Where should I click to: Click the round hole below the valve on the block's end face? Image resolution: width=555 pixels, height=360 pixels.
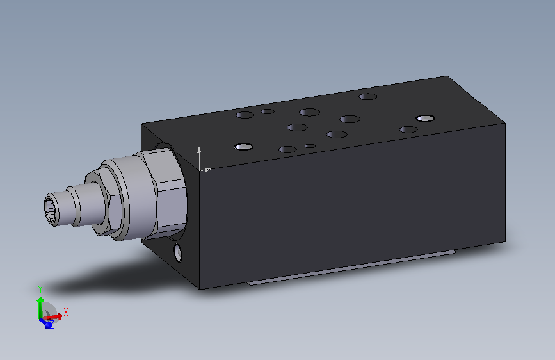click(177, 253)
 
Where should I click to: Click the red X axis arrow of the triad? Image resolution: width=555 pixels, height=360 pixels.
click(56, 315)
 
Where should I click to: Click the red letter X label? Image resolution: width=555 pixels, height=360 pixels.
click(65, 312)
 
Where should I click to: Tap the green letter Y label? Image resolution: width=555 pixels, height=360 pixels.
click(40, 288)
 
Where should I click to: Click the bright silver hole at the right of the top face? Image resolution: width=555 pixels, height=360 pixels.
click(424, 118)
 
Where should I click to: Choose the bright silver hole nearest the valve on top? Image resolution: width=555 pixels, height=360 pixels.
click(243, 147)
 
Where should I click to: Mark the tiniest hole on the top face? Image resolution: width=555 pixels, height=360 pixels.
click(310, 146)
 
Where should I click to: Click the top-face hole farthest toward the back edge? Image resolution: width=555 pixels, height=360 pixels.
click(367, 97)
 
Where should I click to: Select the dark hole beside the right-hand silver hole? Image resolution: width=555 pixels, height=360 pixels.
click(408, 129)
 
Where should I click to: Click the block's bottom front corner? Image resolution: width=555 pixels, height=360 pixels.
click(200, 288)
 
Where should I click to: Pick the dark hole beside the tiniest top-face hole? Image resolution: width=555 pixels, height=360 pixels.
click(288, 150)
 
